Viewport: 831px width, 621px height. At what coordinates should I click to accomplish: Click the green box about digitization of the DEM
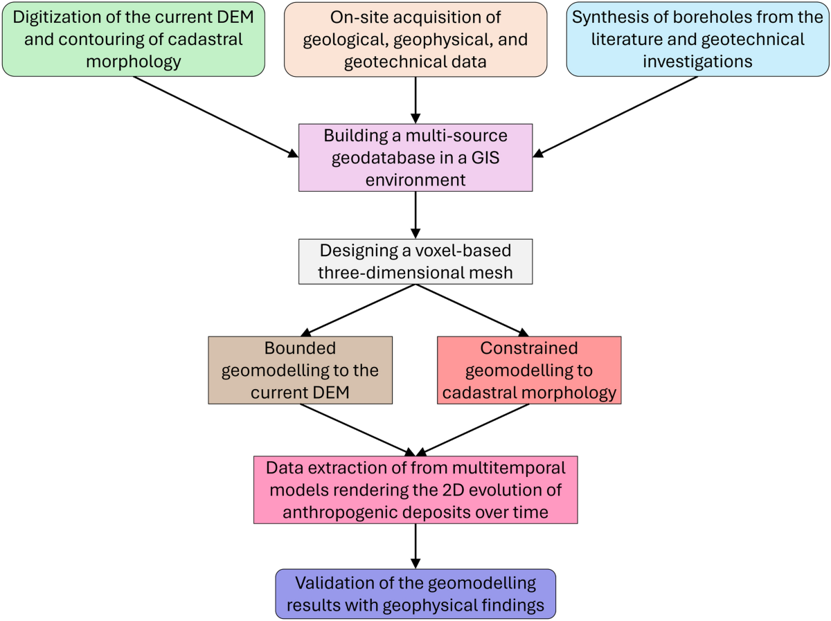pos(133,39)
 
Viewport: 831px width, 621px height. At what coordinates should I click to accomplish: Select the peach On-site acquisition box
pos(415,39)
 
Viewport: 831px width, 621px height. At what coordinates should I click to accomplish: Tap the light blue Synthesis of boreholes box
pos(697,39)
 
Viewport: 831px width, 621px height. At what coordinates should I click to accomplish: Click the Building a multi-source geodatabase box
pos(415,157)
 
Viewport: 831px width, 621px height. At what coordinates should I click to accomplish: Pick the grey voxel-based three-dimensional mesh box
pos(415,262)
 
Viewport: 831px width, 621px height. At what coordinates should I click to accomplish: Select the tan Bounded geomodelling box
pos(300,370)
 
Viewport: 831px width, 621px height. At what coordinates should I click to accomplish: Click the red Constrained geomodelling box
pos(530,370)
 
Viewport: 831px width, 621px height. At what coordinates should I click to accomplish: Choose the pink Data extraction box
pos(415,489)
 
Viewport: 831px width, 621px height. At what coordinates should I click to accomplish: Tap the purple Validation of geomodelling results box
pos(415,594)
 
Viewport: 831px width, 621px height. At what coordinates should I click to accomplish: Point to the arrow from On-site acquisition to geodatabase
pos(415,100)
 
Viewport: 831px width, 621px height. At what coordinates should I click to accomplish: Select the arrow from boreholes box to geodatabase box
pos(616,116)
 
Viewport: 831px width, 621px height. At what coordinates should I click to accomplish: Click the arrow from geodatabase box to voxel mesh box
pos(415,215)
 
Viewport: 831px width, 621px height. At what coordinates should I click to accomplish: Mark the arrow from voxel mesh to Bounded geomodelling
pos(360,309)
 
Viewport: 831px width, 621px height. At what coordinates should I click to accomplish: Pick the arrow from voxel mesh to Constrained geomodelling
pos(471,309)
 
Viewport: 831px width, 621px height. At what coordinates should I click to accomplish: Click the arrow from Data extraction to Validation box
pos(415,546)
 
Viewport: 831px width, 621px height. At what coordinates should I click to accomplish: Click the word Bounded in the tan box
pos(300,348)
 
